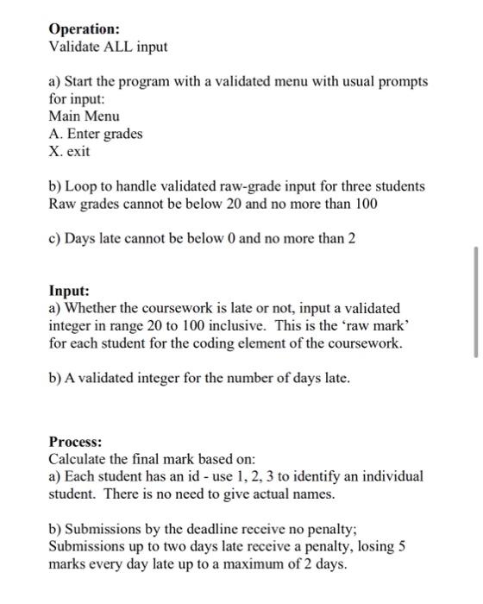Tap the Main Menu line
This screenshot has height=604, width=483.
84,116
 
